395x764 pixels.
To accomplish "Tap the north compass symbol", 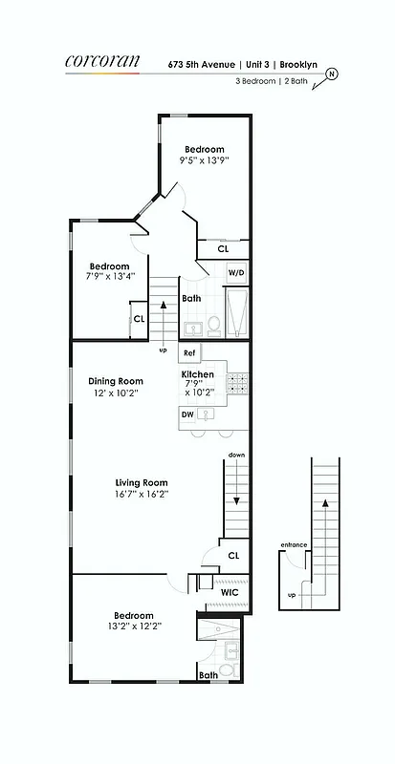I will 332,74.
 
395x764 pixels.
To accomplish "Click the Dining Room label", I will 115,380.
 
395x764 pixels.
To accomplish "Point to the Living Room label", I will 142,482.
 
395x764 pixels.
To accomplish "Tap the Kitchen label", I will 198,374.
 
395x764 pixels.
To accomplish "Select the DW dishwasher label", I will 187,414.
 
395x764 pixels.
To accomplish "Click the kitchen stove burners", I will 236,383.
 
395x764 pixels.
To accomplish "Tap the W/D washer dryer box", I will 235,272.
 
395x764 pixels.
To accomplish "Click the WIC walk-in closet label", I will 230,593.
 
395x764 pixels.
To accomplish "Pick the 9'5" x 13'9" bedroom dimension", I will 205,161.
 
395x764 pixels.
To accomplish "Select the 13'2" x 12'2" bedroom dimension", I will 133,626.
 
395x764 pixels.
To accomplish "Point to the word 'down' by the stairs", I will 236,456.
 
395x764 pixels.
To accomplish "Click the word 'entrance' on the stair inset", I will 294,545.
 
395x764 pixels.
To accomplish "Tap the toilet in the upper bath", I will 215,326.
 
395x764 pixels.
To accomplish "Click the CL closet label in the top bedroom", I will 223,248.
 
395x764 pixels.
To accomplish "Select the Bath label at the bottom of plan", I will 208,675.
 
